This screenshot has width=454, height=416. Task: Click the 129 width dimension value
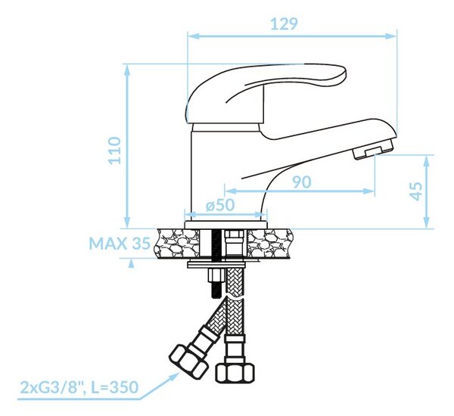(284, 23)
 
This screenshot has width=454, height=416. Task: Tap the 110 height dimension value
(115, 151)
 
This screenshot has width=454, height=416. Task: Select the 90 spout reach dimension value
(301, 182)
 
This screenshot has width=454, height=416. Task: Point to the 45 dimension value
(417, 191)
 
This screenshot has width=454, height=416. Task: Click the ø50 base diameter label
(220, 205)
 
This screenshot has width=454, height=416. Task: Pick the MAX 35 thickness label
(120, 244)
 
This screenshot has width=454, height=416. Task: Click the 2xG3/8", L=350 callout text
(79, 387)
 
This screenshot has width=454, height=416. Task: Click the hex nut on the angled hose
(189, 361)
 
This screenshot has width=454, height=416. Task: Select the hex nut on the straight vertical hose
(235, 373)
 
